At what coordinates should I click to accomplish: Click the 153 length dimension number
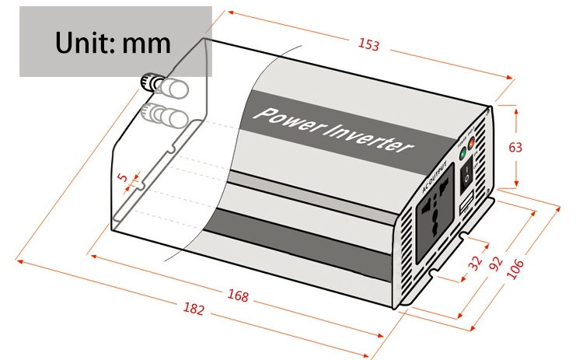[368, 45]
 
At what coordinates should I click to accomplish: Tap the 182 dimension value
[194, 309]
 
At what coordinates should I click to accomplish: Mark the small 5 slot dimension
[122, 177]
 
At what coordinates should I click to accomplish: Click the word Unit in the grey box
[85, 42]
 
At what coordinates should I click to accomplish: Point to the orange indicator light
[472, 142]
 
